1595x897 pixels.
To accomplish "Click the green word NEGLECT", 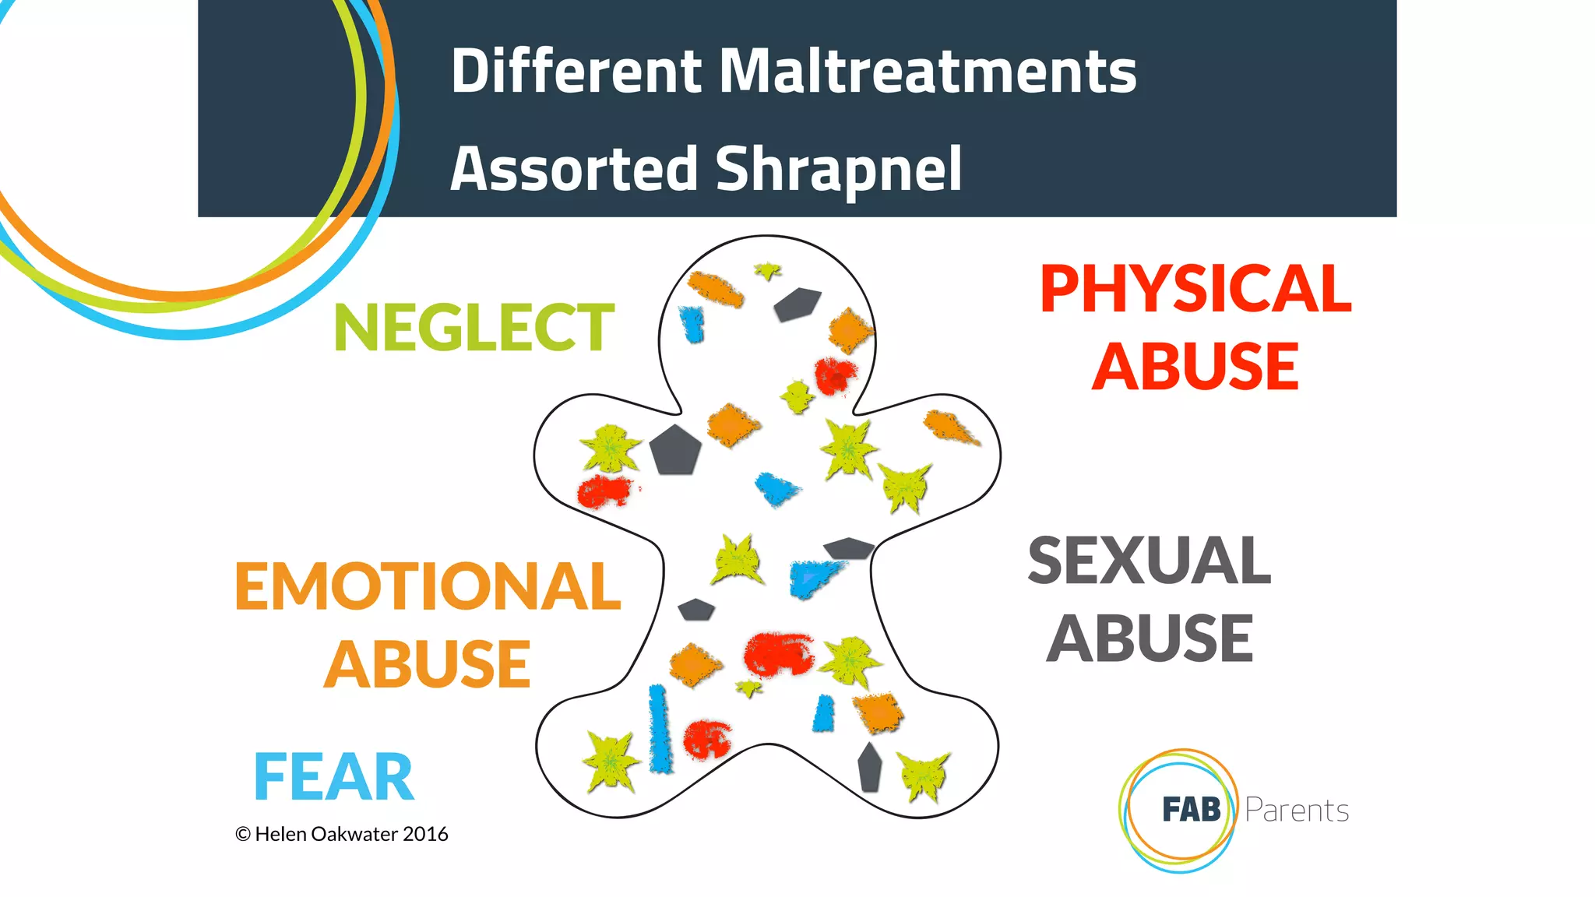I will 474,328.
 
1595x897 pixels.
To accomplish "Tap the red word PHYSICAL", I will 1195,290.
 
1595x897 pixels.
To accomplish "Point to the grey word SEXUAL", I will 1150,561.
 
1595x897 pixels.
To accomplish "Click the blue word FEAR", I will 333,776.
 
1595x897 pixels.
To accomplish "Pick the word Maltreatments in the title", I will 927,72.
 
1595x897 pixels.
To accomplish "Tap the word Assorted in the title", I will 574,170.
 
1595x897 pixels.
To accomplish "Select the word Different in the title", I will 576,72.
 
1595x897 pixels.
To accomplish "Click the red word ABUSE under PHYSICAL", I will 1195,367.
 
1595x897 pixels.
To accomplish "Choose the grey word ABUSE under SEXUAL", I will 1150,638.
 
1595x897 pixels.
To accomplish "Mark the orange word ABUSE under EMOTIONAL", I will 427,664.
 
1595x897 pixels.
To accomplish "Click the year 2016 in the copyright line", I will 425,834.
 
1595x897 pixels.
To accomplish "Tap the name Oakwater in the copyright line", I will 355,834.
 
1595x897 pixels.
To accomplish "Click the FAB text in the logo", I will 1191,810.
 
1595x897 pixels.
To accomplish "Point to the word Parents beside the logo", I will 1297,811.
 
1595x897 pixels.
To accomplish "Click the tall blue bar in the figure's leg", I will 660,729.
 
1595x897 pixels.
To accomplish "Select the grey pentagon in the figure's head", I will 797,303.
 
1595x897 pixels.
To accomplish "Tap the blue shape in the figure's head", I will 692,323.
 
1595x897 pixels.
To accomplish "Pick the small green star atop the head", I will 767,271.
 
